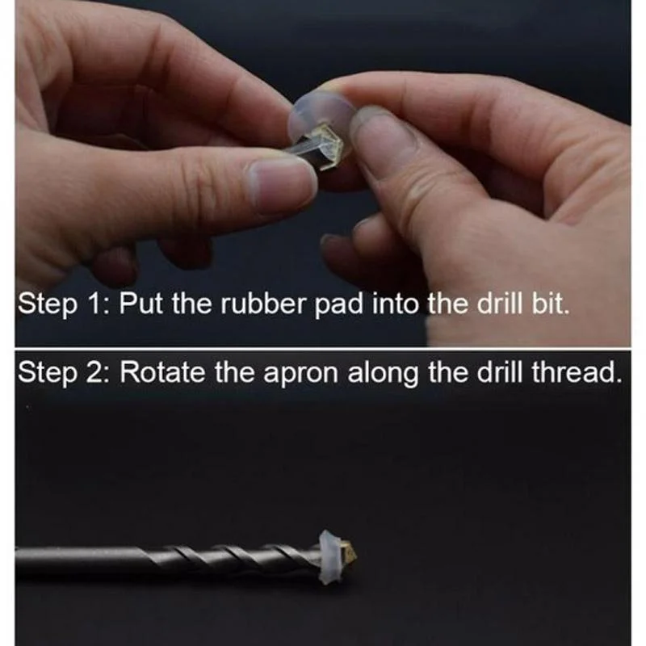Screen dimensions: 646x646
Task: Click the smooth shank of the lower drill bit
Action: point(81,560)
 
